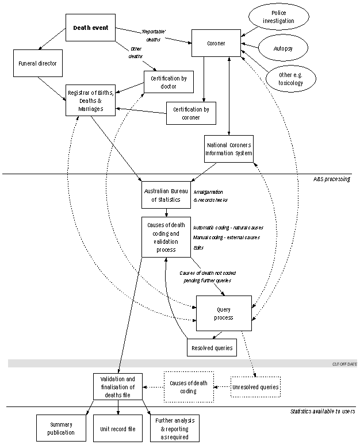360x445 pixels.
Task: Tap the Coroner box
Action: pos(216,43)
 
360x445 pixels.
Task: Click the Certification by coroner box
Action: pos(191,113)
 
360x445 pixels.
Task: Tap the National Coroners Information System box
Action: pos(229,148)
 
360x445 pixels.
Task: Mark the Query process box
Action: pos(224,313)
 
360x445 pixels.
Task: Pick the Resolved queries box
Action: pos(212,347)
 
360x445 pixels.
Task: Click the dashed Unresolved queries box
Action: pos(255,388)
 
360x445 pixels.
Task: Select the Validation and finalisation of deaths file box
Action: pos(118,387)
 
